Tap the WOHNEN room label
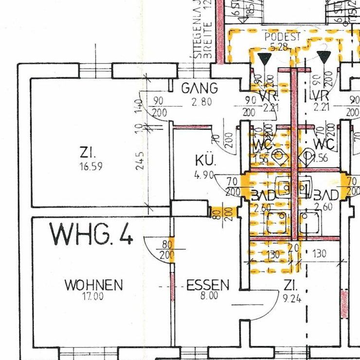click(x=94, y=285)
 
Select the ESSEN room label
click(x=208, y=285)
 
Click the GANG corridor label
click(x=199, y=89)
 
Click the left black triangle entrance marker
click(x=265, y=59)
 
